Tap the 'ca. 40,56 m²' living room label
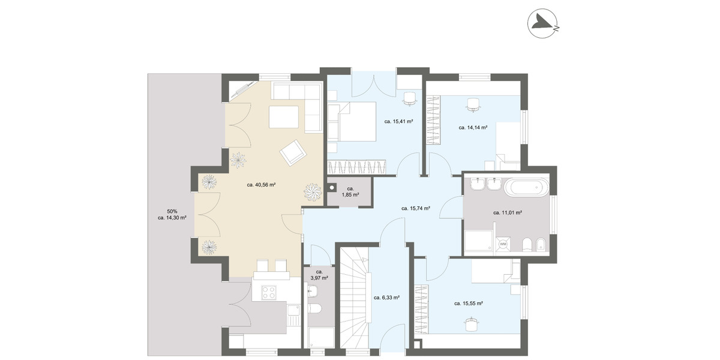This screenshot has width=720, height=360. [261, 185]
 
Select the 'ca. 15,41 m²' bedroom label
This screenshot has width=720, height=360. [398, 121]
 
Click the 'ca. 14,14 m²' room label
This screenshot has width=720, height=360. [473, 127]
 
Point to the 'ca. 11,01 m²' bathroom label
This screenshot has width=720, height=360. [508, 212]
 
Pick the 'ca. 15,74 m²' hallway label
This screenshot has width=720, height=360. [416, 208]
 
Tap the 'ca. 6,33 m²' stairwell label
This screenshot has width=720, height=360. [386, 297]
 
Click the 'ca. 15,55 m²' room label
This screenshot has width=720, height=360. [469, 303]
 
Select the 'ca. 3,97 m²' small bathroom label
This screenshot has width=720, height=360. [319, 275]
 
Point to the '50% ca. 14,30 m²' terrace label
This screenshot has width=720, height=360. [172, 214]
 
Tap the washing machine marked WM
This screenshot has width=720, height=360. [503, 244]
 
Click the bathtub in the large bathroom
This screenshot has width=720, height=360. [526, 187]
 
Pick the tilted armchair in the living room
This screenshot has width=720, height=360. [292, 152]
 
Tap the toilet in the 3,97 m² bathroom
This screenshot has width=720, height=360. [314, 308]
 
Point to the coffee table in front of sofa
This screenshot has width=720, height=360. [284, 116]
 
